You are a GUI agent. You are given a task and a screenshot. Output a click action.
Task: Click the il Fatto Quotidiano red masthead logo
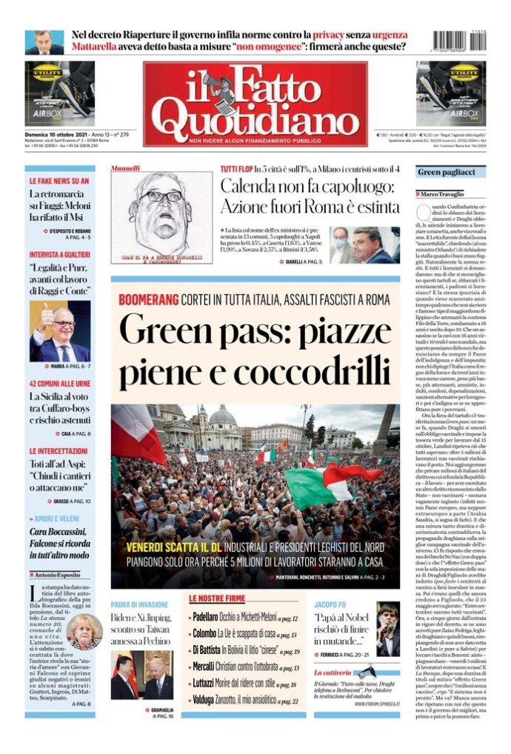pyautogui.click(x=255, y=102)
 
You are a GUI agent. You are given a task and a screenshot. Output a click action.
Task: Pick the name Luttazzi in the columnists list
pyautogui.click(x=205, y=683)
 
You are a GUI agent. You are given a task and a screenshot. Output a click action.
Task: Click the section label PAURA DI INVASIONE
pyautogui.click(x=141, y=604)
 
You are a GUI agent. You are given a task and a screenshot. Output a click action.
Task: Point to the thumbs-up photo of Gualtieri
pyautogui.click(x=60, y=331)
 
